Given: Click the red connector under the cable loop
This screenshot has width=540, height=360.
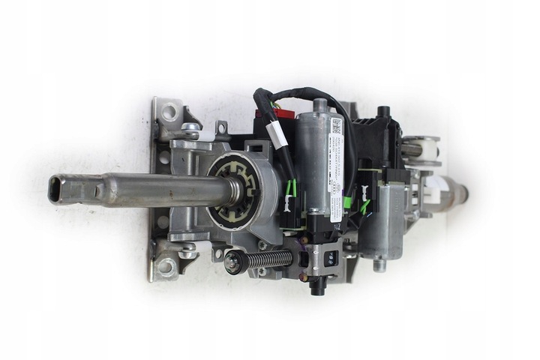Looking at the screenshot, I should (280, 112).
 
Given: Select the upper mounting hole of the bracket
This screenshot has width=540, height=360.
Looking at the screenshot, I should (169, 112).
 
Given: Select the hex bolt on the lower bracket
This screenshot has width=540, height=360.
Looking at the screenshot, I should (187, 252).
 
